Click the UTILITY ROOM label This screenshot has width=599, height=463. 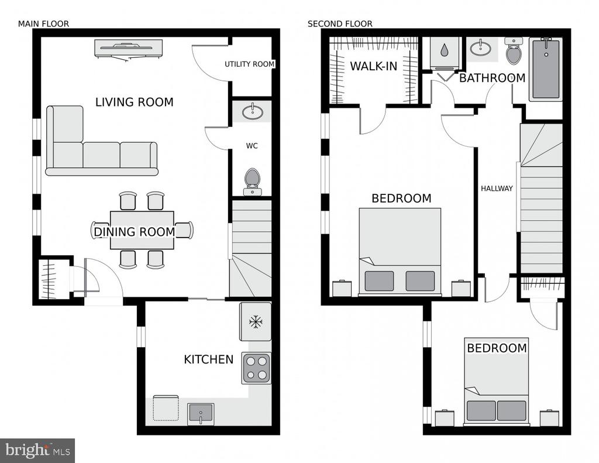(249, 64)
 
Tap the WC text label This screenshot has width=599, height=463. (252, 146)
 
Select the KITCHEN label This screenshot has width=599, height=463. (209, 359)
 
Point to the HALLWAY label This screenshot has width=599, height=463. (497, 188)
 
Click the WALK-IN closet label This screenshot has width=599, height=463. (374, 66)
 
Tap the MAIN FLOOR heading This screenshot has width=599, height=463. (43, 23)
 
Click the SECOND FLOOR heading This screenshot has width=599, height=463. (340, 23)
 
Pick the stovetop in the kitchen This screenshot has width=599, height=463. (256, 368)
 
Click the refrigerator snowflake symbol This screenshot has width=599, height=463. (256, 321)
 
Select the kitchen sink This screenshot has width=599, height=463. (201, 414)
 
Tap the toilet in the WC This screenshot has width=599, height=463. (252, 182)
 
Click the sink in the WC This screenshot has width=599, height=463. (252, 112)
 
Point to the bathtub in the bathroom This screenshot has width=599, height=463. (546, 69)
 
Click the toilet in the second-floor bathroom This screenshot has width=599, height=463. (514, 50)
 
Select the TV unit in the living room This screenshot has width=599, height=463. (128, 49)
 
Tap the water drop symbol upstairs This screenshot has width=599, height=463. (445, 50)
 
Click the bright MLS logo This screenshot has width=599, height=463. (37, 450)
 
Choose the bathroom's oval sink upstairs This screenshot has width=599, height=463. (481, 48)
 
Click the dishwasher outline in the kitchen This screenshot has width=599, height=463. (166, 408)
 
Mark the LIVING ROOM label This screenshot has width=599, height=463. (135, 102)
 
